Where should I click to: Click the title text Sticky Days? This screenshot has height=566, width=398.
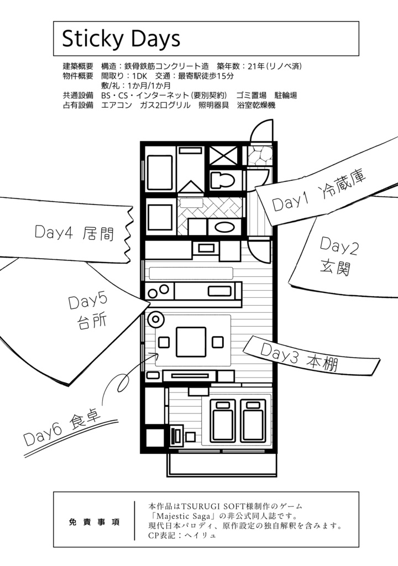[x=121, y=39]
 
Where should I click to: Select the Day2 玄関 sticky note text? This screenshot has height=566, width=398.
[x=339, y=256]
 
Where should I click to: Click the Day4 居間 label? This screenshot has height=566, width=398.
[x=74, y=233]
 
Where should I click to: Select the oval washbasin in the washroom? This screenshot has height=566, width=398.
[x=224, y=227]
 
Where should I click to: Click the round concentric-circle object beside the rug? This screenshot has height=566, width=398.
[x=155, y=319]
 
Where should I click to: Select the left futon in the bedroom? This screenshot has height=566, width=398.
[x=222, y=421]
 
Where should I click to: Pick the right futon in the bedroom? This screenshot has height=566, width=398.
[x=253, y=421]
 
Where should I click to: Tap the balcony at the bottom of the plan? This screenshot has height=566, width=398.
[x=221, y=465]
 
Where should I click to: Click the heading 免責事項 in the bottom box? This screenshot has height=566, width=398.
[x=95, y=522]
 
